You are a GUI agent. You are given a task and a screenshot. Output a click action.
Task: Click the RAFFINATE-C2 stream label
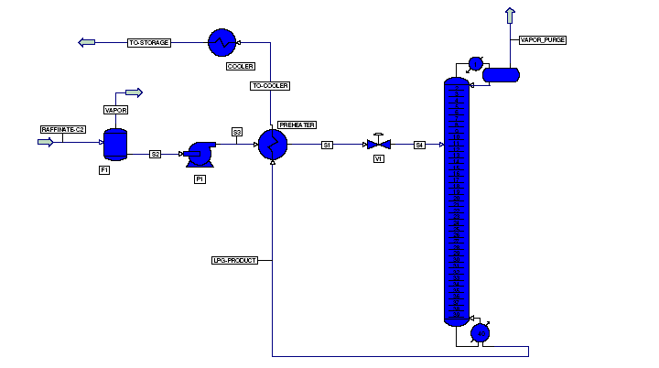(x=62, y=129)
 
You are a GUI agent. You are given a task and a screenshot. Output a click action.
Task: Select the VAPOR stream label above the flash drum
(x=115, y=110)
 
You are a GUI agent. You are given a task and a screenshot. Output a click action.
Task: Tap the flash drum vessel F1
(x=115, y=143)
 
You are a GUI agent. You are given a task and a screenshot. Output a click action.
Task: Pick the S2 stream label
(x=156, y=154)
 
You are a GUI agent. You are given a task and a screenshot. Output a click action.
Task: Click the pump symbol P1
(x=199, y=152)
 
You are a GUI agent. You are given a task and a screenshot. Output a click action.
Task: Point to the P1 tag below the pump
(x=200, y=179)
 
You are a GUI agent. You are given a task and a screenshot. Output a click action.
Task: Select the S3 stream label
(x=237, y=132)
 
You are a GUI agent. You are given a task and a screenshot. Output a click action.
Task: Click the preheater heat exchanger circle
(x=273, y=145)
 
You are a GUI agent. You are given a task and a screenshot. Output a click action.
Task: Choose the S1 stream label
(x=328, y=145)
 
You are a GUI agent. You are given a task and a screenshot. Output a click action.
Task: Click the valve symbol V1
(x=377, y=145)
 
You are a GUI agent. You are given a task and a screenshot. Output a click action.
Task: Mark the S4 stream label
(x=419, y=145)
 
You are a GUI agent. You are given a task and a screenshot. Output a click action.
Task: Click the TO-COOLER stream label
(x=271, y=86)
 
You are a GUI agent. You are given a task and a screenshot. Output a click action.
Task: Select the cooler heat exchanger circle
(x=221, y=42)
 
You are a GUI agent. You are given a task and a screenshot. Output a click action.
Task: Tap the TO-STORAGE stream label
(x=148, y=42)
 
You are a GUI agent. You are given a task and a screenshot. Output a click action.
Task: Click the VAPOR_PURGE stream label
(x=543, y=40)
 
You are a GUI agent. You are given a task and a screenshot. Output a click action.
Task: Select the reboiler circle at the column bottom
(x=478, y=333)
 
